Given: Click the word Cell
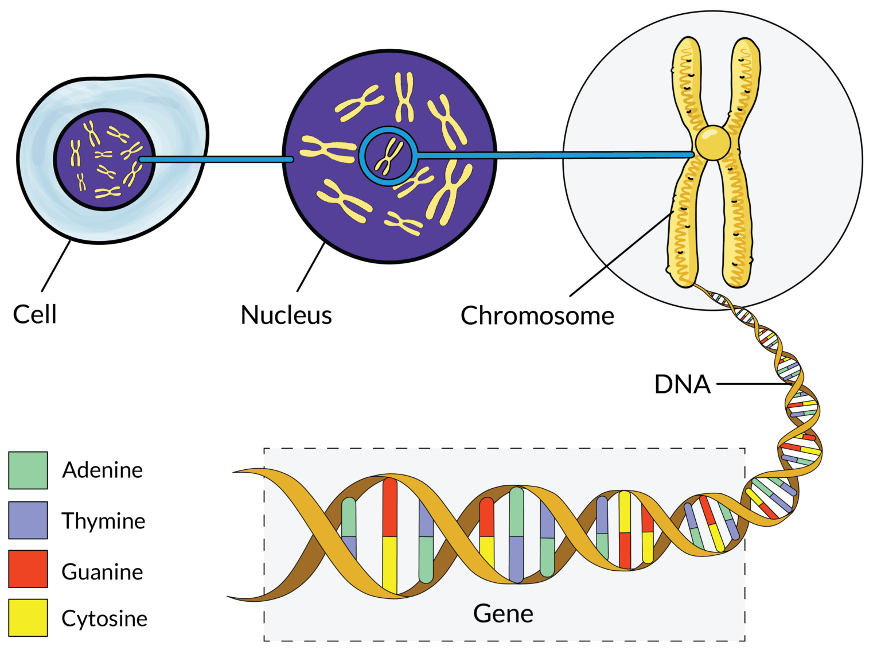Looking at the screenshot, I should [35, 314].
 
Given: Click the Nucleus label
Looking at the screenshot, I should [286, 315].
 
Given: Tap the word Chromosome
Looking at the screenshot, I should [537, 316].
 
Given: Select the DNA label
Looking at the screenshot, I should [683, 384].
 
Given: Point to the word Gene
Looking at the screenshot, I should [503, 614].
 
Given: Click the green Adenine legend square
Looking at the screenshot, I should [28, 470].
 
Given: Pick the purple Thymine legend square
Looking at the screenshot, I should [28, 520].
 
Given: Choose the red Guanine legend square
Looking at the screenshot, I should [28, 569].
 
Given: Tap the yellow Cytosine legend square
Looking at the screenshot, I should [28, 618].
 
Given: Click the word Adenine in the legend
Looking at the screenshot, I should [103, 470].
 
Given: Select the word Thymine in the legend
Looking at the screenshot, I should [104, 521].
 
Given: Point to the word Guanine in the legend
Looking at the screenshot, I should [103, 572].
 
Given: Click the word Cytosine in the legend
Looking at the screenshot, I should [104, 618].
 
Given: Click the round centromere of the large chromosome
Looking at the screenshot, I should [713, 143].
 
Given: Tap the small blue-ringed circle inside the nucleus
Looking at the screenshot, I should [388, 156].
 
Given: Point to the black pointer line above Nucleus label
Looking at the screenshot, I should [311, 267].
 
